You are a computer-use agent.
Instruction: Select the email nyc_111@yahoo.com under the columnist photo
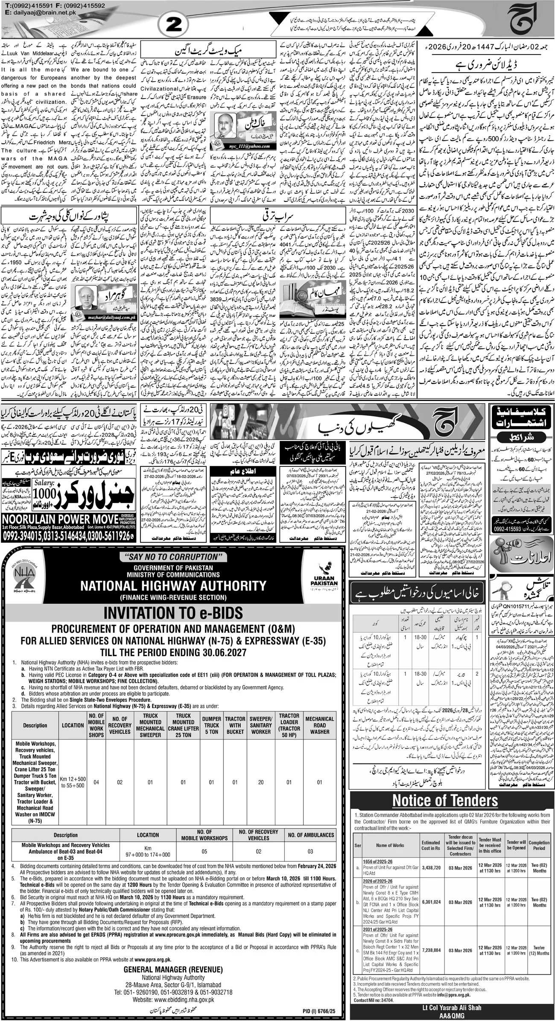coord(242,146)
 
